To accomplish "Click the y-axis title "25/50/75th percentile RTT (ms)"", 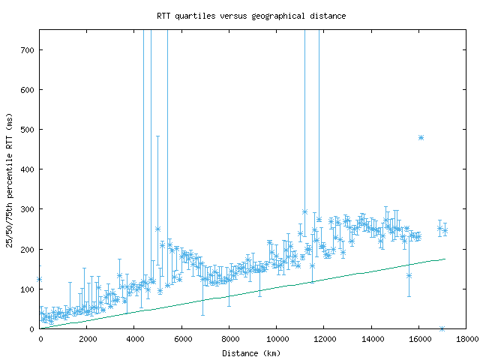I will point(9,180).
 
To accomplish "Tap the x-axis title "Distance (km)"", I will point(253,352).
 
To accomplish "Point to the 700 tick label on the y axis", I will point(27,50).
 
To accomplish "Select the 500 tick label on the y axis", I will point(27,130).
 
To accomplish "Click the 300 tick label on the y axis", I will point(27,209).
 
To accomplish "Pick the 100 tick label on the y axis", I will point(27,289).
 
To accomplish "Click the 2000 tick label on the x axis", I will point(87,339).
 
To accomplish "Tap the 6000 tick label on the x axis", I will point(181,339).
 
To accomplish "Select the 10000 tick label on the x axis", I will point(276,339).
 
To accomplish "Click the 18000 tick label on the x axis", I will point(465,339).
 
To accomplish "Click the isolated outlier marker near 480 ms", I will point(421,138).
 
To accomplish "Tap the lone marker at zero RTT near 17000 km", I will point(442,328).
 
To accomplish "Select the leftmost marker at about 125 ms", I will point(40,280).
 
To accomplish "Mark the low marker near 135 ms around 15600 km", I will point(409,275).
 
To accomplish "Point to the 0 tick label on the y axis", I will point(32,329).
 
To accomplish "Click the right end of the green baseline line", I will point(445,259).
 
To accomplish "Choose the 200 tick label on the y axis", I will point(27,249).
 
